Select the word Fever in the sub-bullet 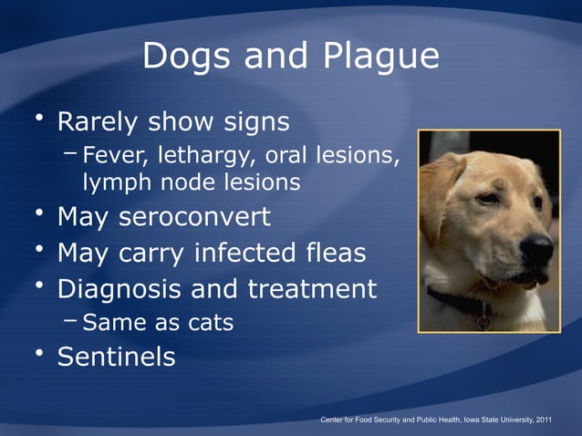(110, 157)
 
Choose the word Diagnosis (128, 289)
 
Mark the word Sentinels (116, 357)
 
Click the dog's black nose (536, 246)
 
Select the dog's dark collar (456, 301)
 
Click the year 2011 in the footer (541, 420)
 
